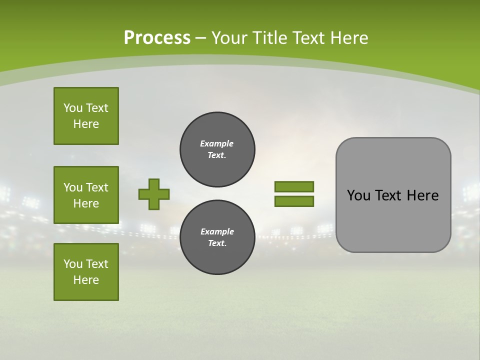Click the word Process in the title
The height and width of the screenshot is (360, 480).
click(x=157, y=38)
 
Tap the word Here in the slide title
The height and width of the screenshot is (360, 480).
click(x=348, y=38)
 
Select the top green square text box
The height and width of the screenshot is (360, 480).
click(x=86, y=116)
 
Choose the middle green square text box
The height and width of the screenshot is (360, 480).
click(x=86, y=195)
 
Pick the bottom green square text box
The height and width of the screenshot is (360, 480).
click(x=86, y=272)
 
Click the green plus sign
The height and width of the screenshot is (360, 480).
click(x=154, y=194)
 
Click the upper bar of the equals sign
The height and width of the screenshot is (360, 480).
click(x=294, y=187)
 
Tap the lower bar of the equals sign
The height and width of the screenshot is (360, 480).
click(x=294, y=201)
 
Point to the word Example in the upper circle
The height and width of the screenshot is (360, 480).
click(x=216, y=143)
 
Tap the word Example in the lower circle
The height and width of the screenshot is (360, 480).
click(x=217, y=231)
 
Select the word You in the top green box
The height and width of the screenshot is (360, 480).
click(x=72, y=108)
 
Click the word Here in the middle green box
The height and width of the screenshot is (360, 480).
click(x=86, y=203)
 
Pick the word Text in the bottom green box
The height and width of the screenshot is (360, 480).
click(x=97, y=264)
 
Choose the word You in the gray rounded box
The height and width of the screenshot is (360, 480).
click(x=358, y=195)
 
